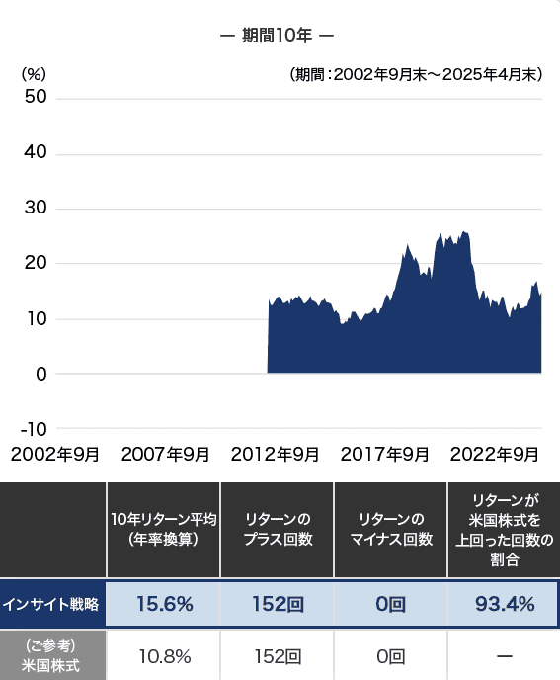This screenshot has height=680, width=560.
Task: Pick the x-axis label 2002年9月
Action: [55, 455]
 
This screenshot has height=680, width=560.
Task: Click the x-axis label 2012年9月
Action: [276, 455]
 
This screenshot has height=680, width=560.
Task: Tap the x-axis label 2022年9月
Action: [494, 455]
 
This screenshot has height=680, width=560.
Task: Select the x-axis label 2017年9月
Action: [385, 455]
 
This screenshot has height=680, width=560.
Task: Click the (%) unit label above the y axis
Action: [35, 73]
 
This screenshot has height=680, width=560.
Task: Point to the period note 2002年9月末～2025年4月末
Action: [416, 74]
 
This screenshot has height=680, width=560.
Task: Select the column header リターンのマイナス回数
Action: [391, 529]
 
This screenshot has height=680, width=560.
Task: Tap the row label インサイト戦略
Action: [51, 604]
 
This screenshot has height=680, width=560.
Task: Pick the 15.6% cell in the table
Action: [164, 604]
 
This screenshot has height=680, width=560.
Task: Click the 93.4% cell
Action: [505, 604]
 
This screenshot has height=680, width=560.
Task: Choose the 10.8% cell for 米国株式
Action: [164, 655]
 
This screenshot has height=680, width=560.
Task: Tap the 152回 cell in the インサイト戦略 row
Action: [278, 604]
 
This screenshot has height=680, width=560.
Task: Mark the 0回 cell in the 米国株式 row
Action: [391, 655]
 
